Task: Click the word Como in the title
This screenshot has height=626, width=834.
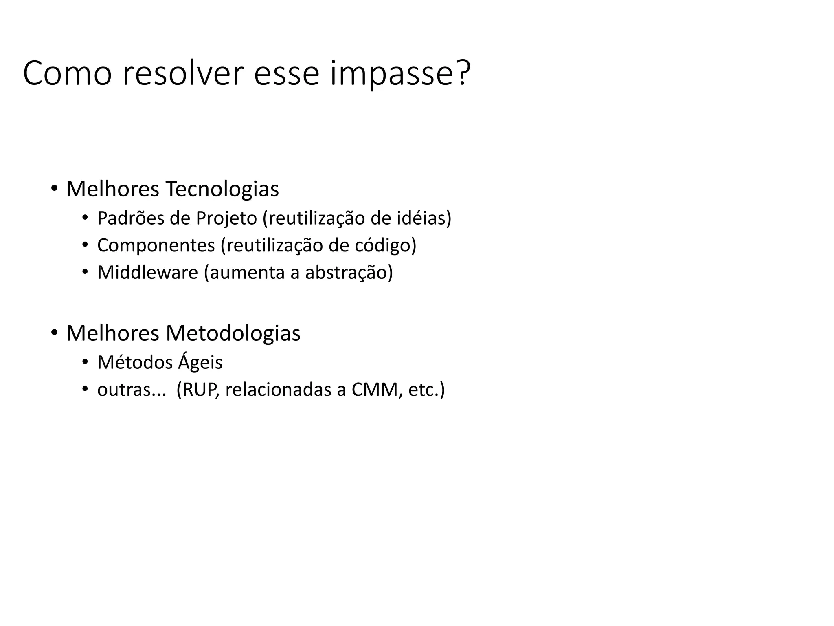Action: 67,73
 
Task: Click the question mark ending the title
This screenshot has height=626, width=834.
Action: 463,73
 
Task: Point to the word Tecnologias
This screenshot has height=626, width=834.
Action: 222,189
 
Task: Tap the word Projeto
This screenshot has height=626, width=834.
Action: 226,219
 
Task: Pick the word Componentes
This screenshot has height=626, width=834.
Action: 156,246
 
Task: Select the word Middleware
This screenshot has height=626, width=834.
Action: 147,272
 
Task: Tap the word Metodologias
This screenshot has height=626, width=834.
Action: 233,333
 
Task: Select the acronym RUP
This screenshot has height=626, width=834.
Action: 201,390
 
